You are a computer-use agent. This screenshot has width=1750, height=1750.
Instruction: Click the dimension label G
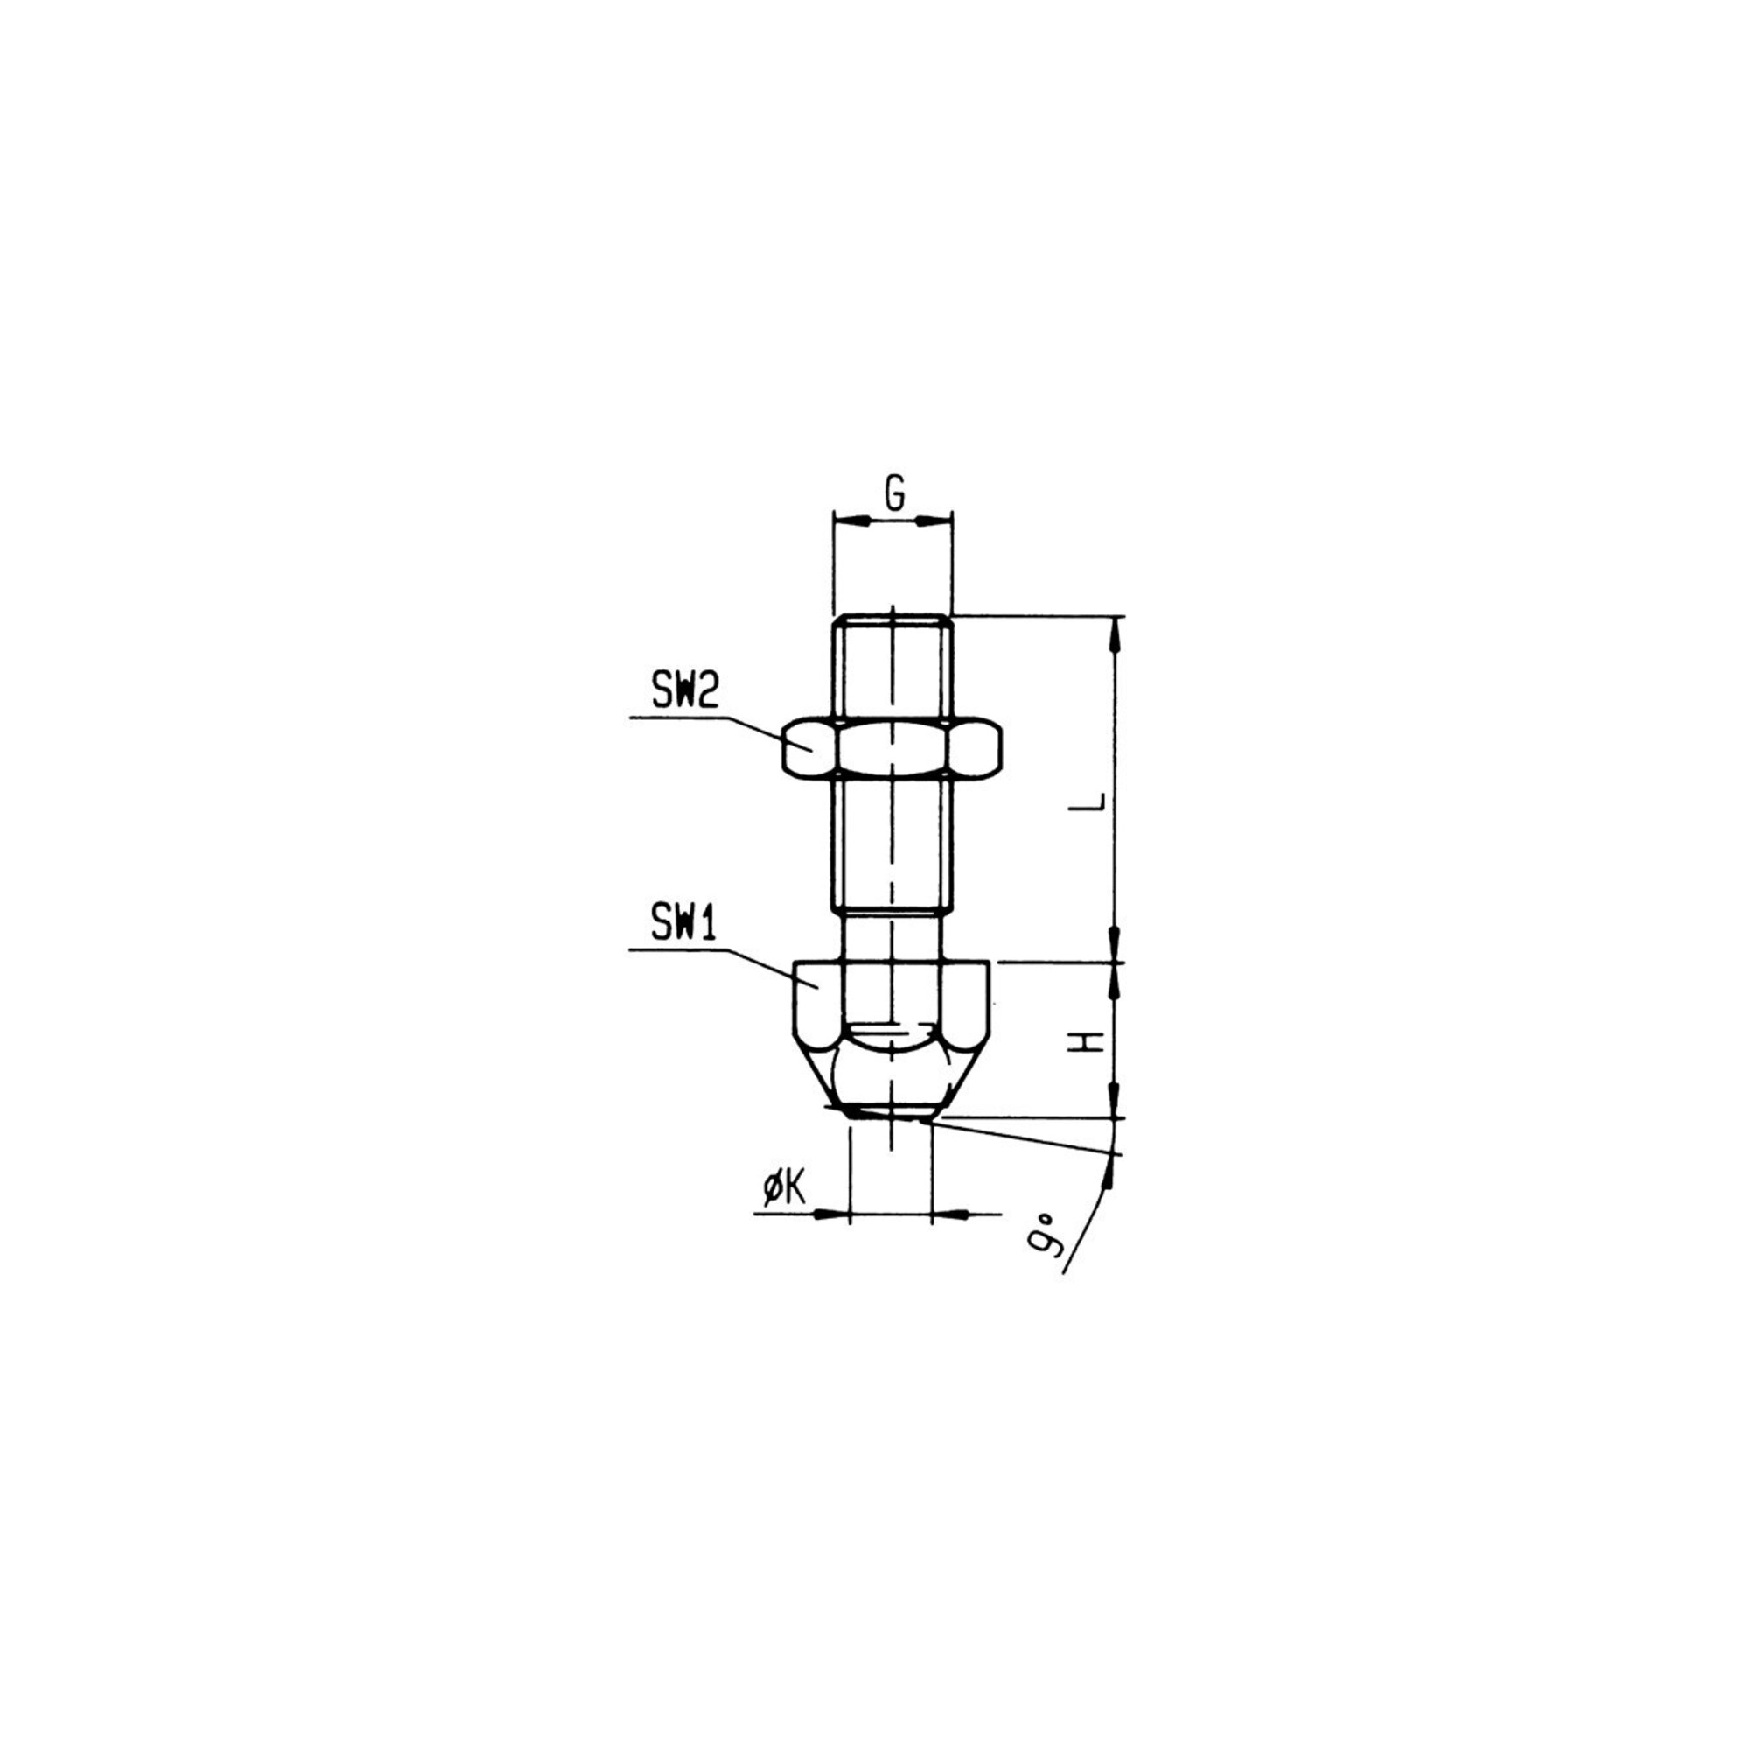894,493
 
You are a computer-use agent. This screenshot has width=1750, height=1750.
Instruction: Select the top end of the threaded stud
892,617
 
